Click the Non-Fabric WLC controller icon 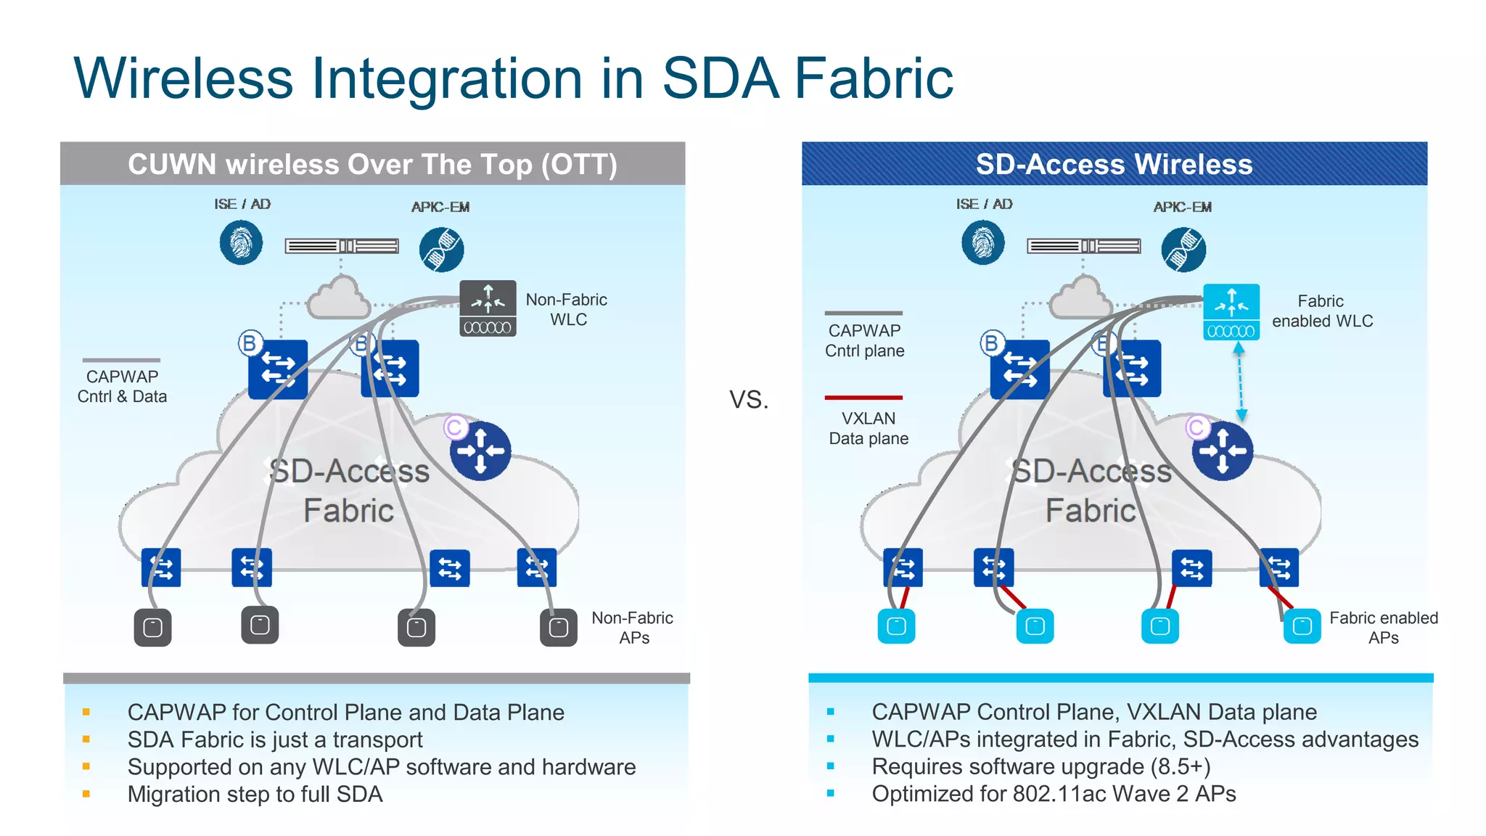(x=488, y=308)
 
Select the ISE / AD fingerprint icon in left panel (x=241, y=242)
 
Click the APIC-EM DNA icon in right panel (x=1183, y=250)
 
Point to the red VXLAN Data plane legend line (x=863, y=398)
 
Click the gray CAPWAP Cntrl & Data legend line (x=121, y=360)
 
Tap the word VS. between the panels (x=749, y=399)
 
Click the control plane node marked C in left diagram (x=480, y=451)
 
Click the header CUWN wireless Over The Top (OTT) (x=372, y=164)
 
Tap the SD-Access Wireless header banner (x=1114, y=164)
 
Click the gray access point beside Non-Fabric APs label (x=558, y=628)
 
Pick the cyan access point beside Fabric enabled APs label (x=1302, y=626)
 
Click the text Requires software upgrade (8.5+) (x=1040, y=766)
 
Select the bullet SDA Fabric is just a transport (x=275, y=739)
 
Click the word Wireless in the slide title (x=183, y=78)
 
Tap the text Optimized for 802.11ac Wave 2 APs (x=1054, y=794)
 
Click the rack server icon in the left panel (x=342, y=246)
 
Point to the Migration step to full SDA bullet (x=255, y=795)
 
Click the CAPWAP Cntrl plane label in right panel (x=864, y=340)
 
